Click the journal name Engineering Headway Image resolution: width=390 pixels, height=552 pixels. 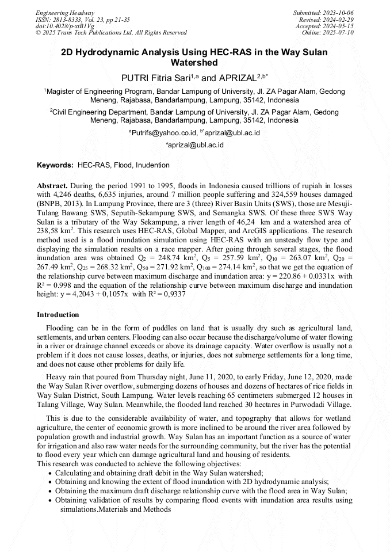coord(65,13)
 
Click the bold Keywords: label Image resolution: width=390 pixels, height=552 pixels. coord(55,165)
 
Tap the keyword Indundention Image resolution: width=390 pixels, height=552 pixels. coord(152,165)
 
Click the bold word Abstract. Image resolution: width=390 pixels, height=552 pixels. coord(53,186)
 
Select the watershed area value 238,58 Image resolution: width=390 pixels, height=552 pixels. coord(48,230)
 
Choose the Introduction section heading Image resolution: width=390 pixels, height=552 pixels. coord(58,315)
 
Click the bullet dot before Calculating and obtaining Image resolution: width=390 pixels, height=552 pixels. coord(50,472)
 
